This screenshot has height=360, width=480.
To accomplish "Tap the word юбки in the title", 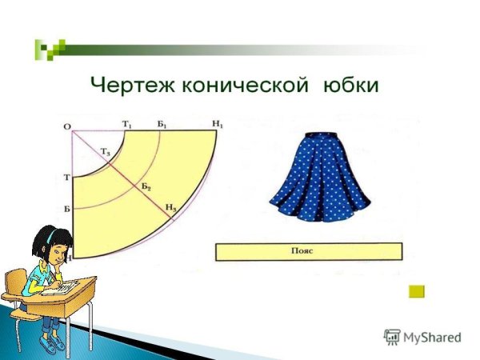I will point(350,84).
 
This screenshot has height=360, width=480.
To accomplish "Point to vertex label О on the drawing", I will point(66,126).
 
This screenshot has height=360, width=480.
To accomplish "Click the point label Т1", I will point(127,123).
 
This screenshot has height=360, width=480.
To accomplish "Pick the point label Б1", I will point(162,123).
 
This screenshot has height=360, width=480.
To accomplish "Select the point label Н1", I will point(218,123).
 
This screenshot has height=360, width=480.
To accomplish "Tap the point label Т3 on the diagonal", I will point(106,152).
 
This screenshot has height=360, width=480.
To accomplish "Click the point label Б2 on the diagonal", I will point(146,186).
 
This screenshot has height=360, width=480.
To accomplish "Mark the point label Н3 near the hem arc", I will point(170,208).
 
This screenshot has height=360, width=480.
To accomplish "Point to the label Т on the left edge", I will point(66,177).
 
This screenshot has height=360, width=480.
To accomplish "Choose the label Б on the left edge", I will point(66,209).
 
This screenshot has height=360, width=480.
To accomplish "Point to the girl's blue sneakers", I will point(52,344).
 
